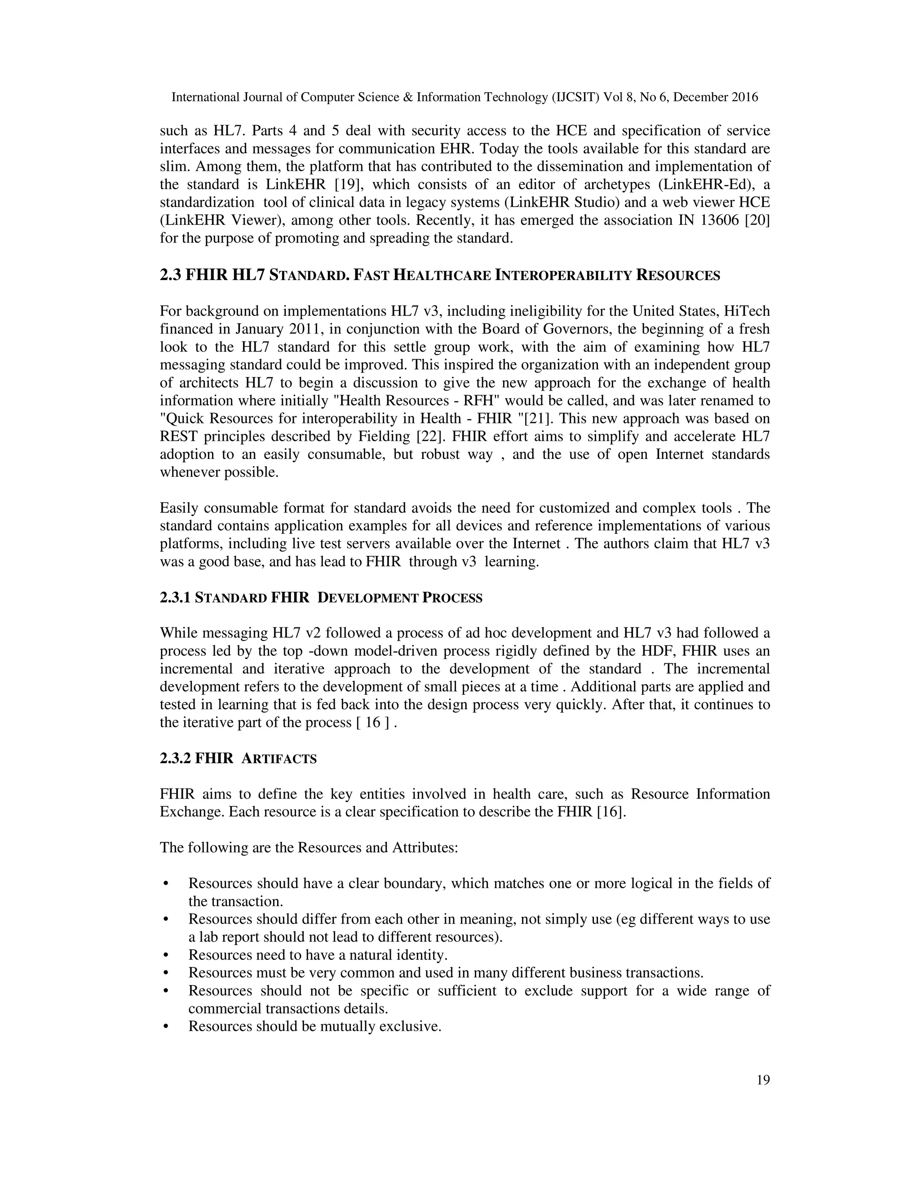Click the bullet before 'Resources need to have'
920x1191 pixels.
click(165, 955)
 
